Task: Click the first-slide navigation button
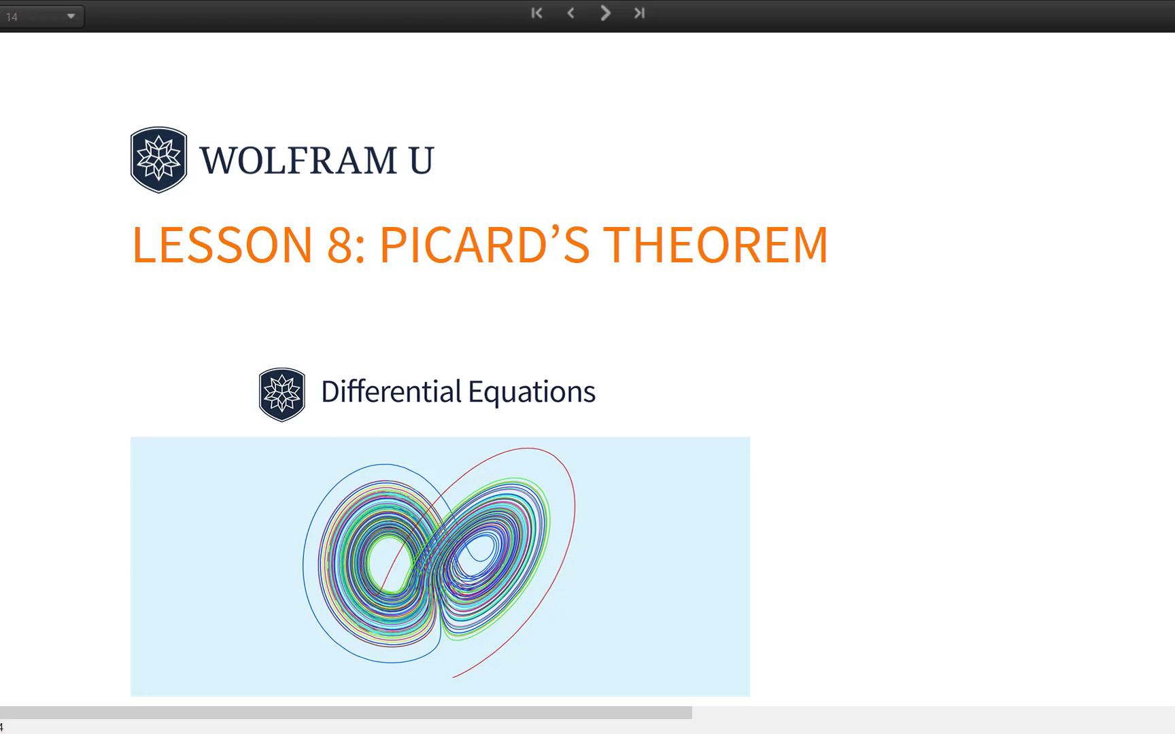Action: point(537,13)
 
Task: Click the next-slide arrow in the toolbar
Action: point(605,13)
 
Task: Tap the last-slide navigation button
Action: point(639,13)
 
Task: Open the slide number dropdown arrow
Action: point(71,16)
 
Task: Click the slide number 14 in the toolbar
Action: point(12,17)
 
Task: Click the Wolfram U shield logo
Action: point(158,160)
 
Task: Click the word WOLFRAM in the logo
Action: point(298,160)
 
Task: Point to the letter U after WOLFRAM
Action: point(421,160)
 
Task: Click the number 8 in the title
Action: point(339,244)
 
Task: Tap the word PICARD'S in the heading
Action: point(484,244)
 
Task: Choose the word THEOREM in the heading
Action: point(715,244)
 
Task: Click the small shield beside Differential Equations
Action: point(282,394)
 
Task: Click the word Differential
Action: point(391,392)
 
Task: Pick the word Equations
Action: point(531,392)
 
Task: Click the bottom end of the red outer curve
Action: point(454,676)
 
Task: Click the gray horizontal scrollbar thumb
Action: point(345,712)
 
